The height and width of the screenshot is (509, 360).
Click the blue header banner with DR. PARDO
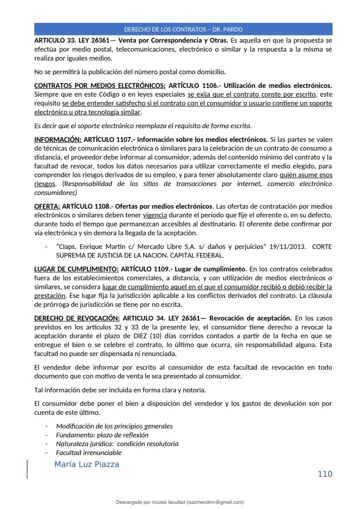tap(183, 30)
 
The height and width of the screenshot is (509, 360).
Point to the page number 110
tap(325, 474)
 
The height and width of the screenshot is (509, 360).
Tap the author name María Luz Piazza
tap(87, 464)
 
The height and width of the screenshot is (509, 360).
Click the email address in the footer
tap(215, 502)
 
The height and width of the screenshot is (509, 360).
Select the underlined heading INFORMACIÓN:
tap(57, 140)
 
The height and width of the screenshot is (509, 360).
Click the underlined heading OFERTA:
tap(47, 206)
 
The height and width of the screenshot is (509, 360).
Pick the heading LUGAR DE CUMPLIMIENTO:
tap(76, 269)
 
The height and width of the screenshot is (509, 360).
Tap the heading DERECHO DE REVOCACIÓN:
tap(77, 318)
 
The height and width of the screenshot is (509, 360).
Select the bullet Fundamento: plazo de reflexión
tap(102, 435)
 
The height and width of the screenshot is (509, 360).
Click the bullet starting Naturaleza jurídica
tap(117, 444)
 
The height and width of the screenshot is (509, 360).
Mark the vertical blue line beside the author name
tap(27, 469)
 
